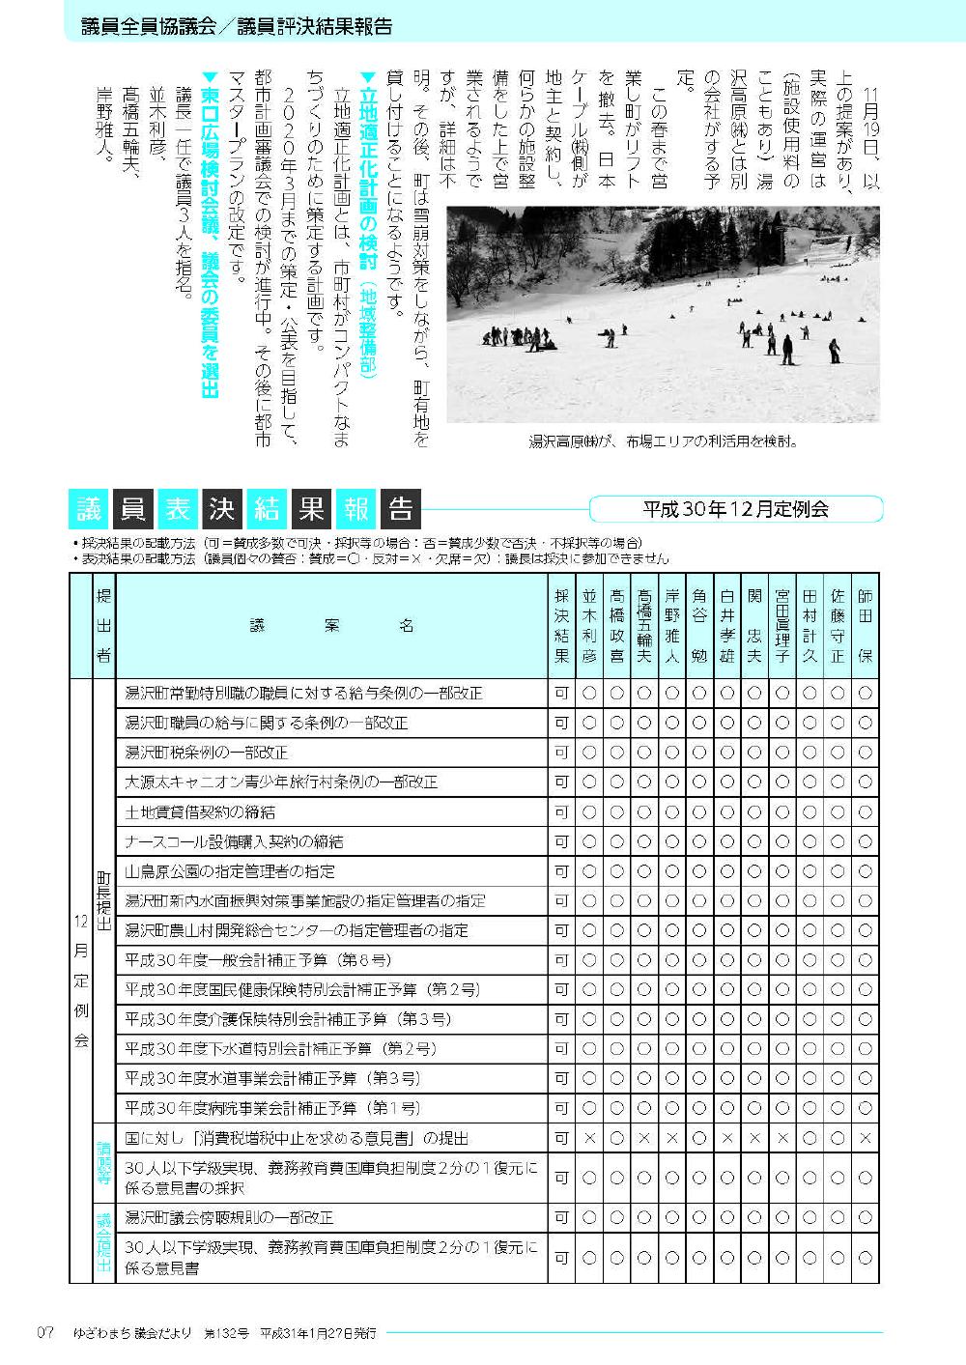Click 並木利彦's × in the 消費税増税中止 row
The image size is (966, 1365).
[589, 1139]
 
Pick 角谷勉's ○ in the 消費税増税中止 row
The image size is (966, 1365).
[699, 1139]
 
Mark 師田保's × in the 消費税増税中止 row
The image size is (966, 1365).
[865, 1139]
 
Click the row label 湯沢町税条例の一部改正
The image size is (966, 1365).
[207, 752]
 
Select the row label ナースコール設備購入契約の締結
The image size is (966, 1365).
[235, 841]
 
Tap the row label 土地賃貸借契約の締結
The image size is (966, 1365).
[200, 811]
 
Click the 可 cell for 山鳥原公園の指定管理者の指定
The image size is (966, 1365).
[561, 871]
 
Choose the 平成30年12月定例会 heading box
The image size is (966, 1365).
[736, 508]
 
